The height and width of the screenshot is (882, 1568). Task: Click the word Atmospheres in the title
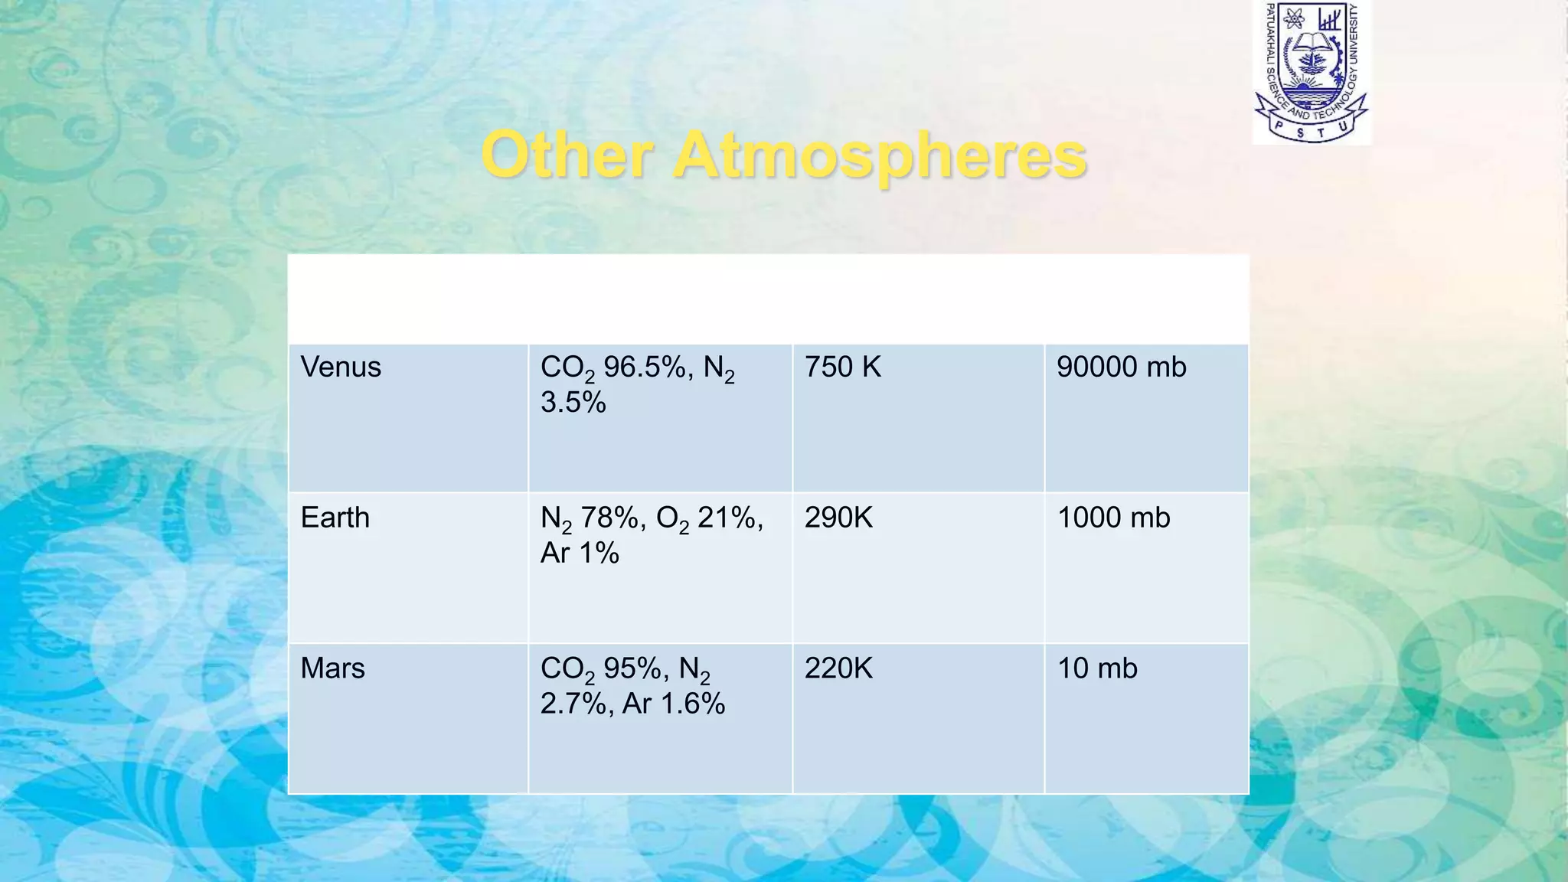880,155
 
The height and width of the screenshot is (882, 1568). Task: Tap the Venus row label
341,367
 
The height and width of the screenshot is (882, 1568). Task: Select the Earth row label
335,518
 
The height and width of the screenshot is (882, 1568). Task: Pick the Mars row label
332,668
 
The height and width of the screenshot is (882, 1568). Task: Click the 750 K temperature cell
842,367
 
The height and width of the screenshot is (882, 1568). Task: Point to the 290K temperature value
838,518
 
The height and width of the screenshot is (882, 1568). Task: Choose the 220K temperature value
838,668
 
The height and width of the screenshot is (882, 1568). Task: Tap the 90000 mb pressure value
1122,367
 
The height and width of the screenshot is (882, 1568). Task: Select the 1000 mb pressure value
1114,518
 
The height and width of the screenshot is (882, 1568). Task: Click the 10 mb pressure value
1097,668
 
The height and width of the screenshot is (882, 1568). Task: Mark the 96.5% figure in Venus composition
645,367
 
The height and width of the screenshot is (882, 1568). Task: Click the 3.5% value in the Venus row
573,403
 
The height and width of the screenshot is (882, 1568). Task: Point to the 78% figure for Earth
609,518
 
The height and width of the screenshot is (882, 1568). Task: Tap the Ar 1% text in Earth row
580,554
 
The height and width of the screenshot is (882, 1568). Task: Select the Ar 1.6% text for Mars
674,704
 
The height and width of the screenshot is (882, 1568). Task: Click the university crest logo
1312,73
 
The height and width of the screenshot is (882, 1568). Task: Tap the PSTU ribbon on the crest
1312,129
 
